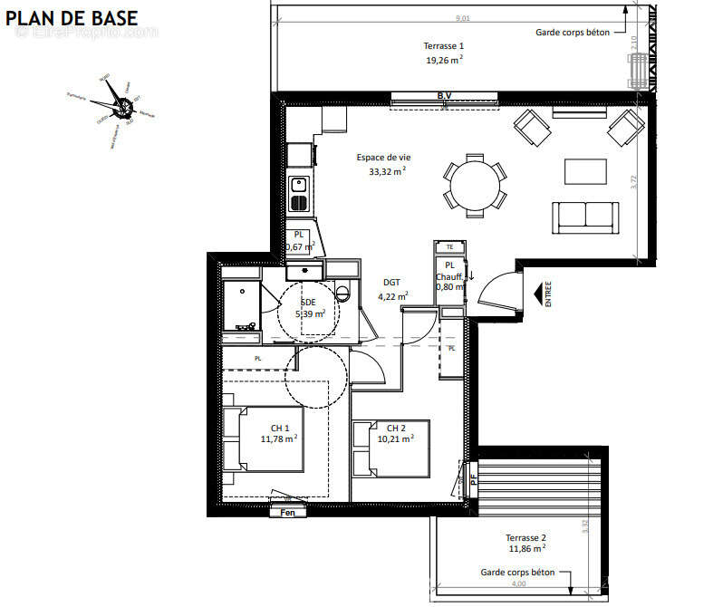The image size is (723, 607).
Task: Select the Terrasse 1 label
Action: (444, 45)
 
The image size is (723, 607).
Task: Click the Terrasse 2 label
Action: (525, 537)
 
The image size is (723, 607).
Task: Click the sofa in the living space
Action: (586, 216)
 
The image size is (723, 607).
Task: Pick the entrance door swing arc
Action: (494, 292)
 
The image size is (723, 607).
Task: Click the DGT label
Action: (392, 282)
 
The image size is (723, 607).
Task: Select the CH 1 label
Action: (280, 429)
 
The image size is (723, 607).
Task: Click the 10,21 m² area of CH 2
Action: (395, 439)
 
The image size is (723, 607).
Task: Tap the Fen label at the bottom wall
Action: (288, 513)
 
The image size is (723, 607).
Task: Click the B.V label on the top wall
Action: (444, 95)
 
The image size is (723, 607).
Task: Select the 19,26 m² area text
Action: (444, 61)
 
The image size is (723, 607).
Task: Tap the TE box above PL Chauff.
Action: (448, 246)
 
